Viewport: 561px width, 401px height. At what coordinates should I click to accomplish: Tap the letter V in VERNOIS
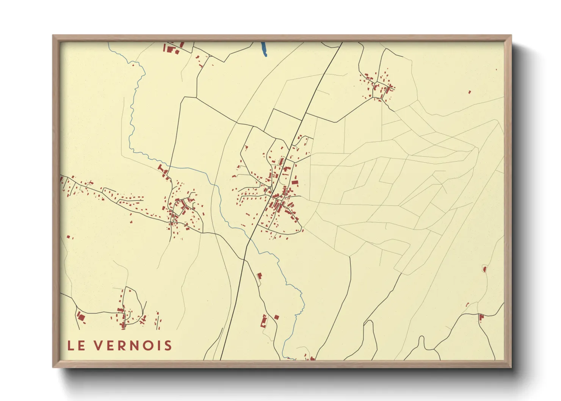pos(98,346)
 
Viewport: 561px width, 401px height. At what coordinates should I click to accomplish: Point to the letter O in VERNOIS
pos(146,346)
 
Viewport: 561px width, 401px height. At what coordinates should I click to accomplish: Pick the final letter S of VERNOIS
pos(168,346)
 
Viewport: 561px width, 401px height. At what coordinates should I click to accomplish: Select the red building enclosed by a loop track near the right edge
pos(484,269)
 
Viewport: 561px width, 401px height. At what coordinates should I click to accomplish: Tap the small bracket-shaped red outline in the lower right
pos(467,304)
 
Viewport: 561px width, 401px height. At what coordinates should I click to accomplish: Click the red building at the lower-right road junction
pos(481,317)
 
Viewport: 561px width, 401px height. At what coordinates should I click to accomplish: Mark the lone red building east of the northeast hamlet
pos(470,92)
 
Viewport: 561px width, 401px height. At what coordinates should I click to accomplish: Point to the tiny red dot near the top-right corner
pos(497,69)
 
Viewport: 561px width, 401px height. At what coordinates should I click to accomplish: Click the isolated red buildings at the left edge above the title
pos(69,237)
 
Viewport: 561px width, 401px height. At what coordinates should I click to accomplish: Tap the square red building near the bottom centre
pos(276,317)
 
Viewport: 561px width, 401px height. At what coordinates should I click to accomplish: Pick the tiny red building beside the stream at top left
pos(133,65)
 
